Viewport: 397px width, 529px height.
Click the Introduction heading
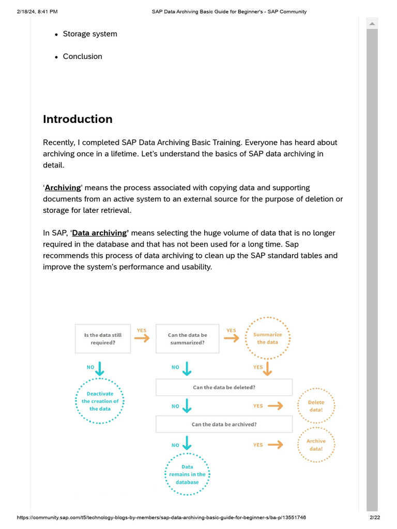tap(78, 119)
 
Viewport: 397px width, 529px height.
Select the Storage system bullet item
tap(90, 34)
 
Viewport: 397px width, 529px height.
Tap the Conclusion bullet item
tap(82, 57)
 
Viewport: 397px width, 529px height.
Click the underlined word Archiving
tap(63, 188)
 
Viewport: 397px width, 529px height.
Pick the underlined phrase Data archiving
tap(99, 233)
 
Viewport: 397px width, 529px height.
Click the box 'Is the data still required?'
tap(103, 339)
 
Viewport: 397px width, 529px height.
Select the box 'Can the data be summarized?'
tap(187, 339)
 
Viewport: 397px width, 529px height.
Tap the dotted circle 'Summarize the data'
tap(267, 339)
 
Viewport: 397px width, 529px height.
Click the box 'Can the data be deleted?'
tap(224, 387)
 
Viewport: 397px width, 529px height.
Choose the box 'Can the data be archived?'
tap(224, 425)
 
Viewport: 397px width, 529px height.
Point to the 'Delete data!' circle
tap(316, 406)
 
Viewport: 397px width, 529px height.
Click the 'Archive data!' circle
tap(316, 445)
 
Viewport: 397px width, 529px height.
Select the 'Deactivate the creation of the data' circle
tap(100, 401)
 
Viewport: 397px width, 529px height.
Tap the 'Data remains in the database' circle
tap(187, 475)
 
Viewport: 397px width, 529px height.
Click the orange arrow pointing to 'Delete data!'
tap(276, 406)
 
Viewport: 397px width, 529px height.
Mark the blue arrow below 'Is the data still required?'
tap(100, 368)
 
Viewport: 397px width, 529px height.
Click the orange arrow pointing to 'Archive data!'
tap(276, 445)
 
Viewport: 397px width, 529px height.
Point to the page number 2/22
tap(374, 518)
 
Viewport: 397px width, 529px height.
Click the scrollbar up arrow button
tap(372, 23)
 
